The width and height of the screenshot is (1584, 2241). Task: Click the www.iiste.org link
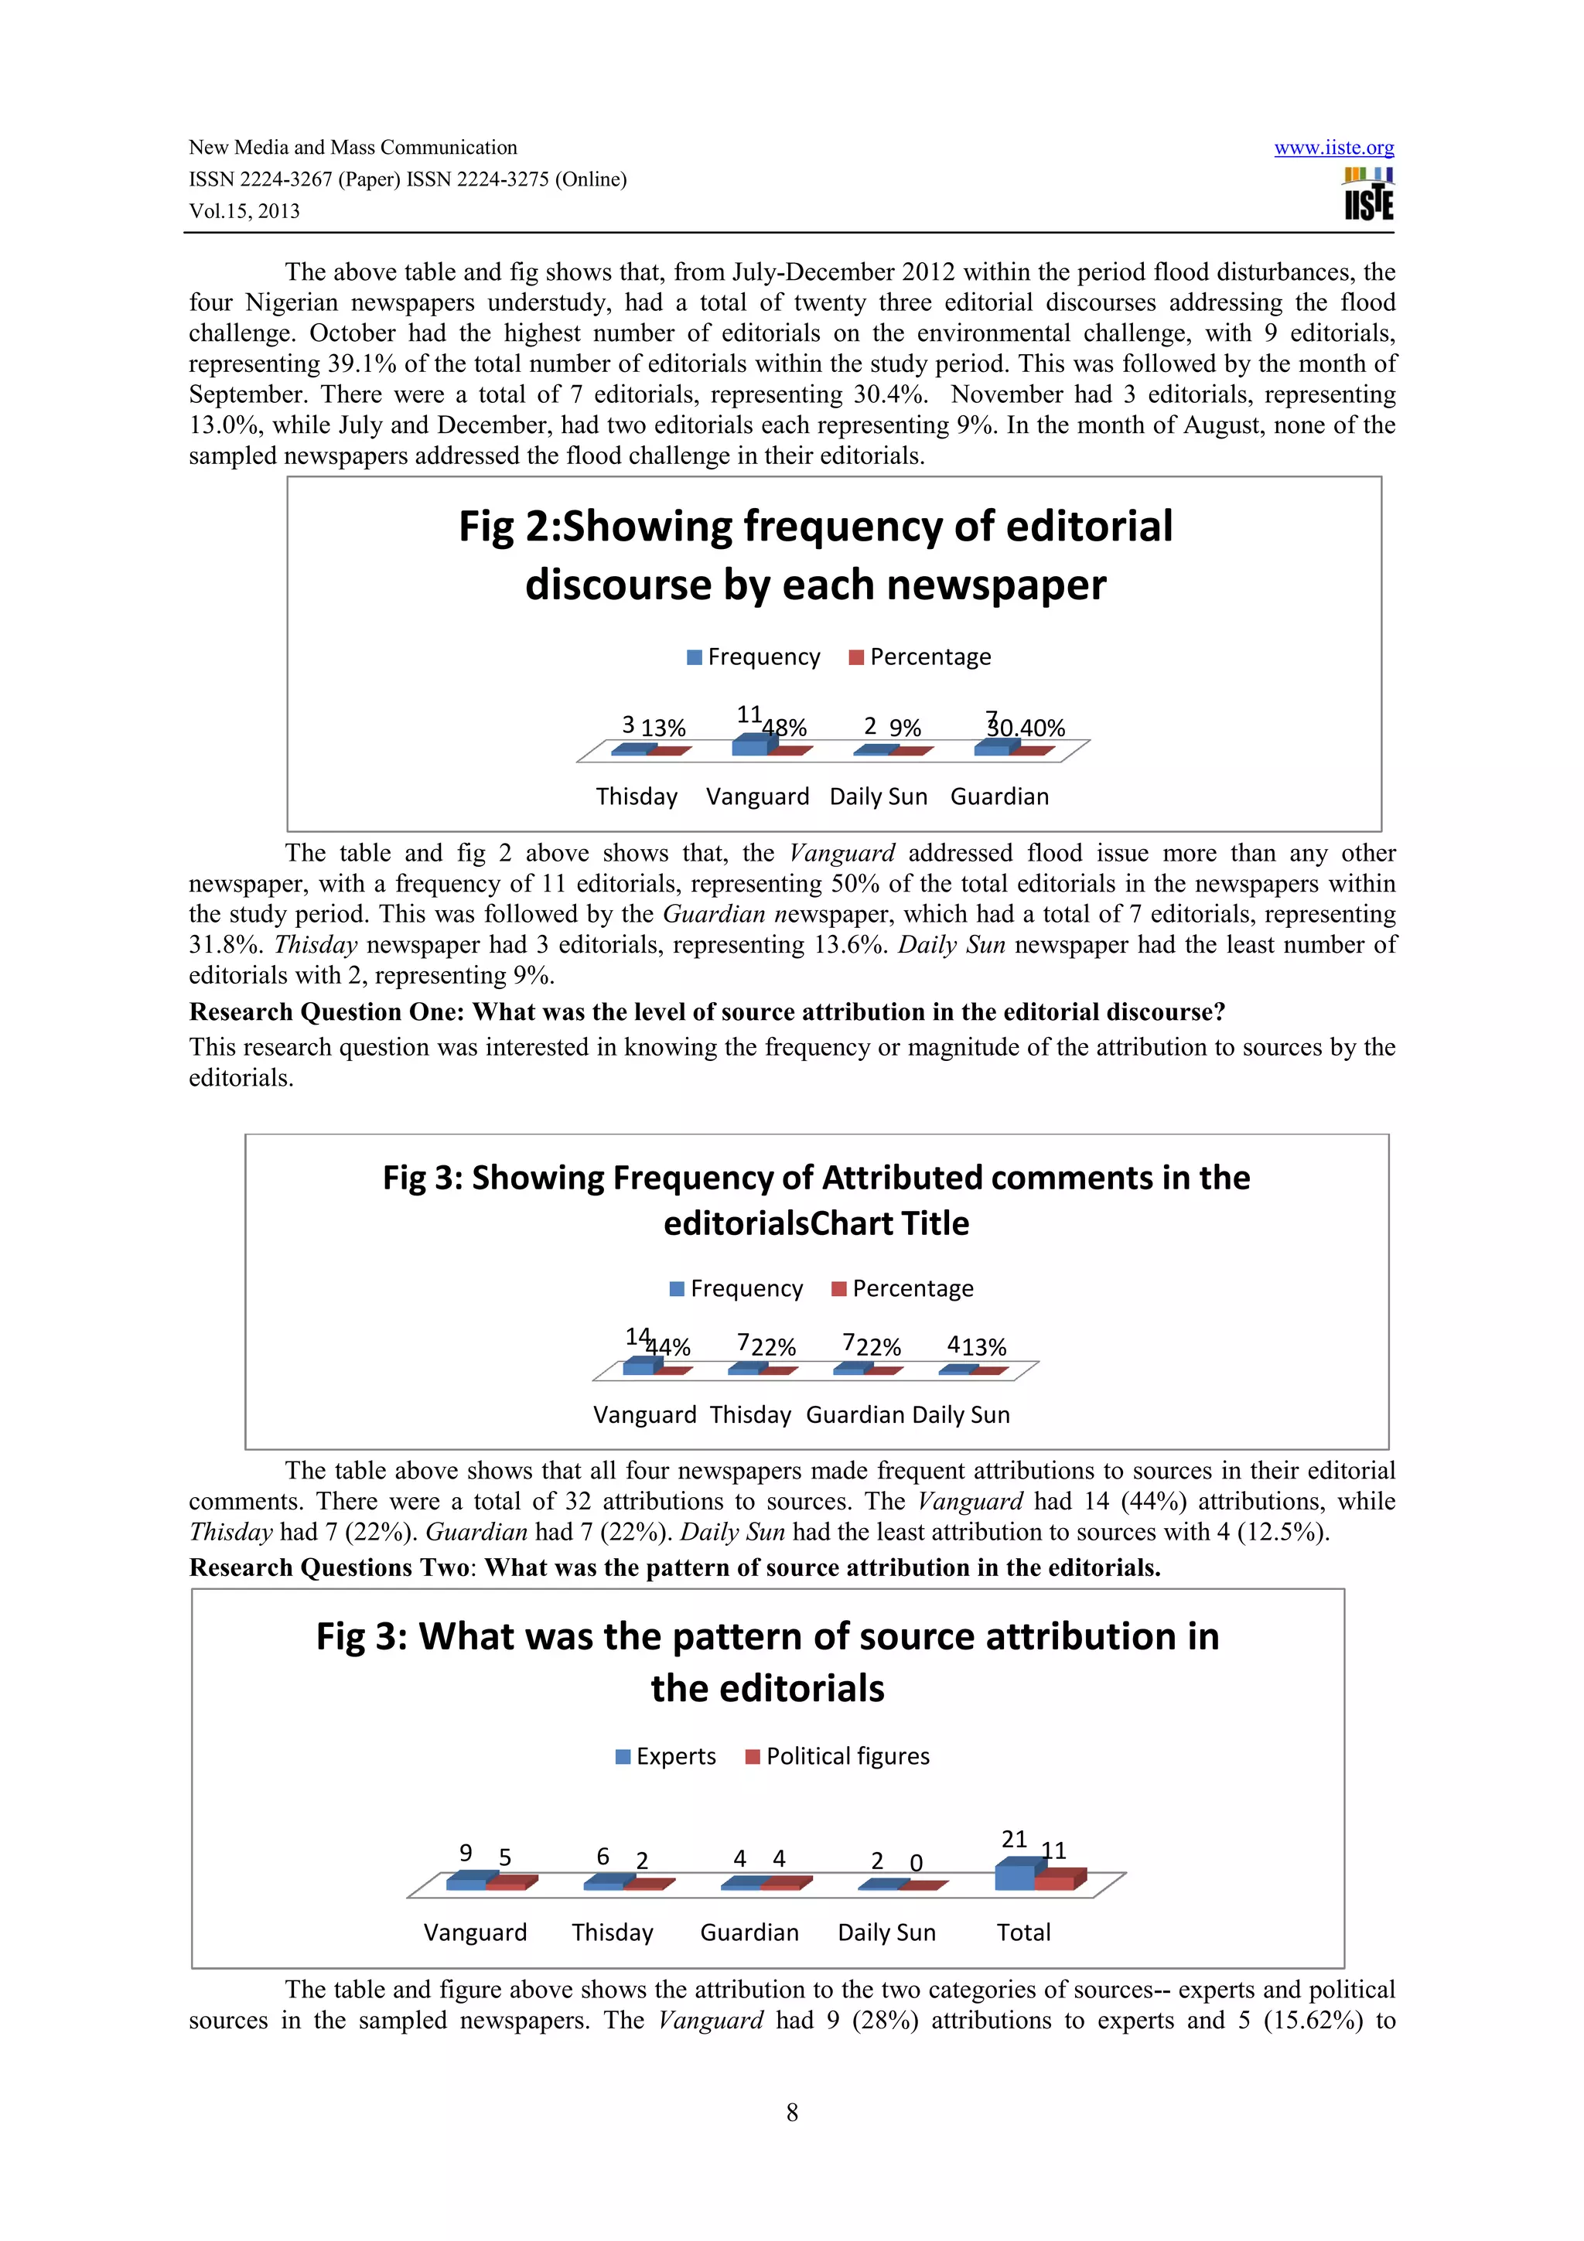1333,148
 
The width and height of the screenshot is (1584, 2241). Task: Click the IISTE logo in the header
1368,194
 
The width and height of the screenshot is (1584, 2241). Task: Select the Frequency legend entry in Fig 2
753,657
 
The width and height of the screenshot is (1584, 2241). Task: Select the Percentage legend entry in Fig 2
920,657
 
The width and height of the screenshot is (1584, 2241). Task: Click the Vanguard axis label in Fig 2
757,796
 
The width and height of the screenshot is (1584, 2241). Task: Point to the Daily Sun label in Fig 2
879,796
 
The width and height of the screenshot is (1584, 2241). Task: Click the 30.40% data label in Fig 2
1026,728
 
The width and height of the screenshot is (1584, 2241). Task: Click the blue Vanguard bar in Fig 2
749,747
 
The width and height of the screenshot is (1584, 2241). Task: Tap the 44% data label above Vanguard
670,1348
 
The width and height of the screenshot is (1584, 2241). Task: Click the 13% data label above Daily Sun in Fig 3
984,1348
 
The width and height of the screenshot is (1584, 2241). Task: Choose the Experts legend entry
666,1757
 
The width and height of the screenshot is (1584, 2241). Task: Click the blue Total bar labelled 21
1014,1877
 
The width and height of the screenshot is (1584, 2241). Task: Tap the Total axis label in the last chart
1022,1932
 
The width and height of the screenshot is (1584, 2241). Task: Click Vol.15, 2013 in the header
244,212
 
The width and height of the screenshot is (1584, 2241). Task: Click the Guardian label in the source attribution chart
749,1932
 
